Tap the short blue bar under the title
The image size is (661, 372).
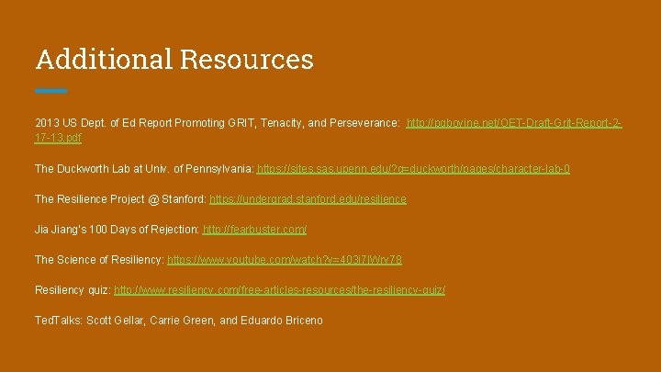[51, 91]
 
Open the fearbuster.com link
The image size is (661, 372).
[254, 229]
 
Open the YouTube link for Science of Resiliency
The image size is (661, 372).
[285, 260]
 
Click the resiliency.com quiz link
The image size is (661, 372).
[280, 290]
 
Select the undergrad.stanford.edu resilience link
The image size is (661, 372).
[308, 198]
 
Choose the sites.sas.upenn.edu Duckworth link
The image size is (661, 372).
[413, 169]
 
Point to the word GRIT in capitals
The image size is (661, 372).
[229, 122]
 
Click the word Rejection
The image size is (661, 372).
[173, 229]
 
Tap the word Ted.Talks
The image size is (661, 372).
[58, 321]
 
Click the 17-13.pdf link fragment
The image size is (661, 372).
[58, 138]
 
